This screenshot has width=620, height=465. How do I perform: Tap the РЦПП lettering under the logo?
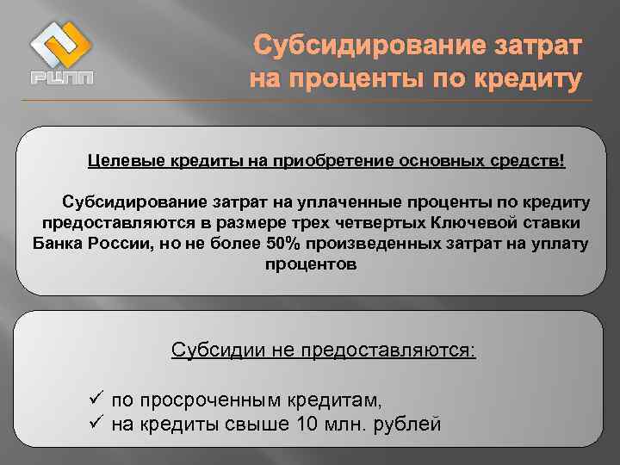pos(61,79)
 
